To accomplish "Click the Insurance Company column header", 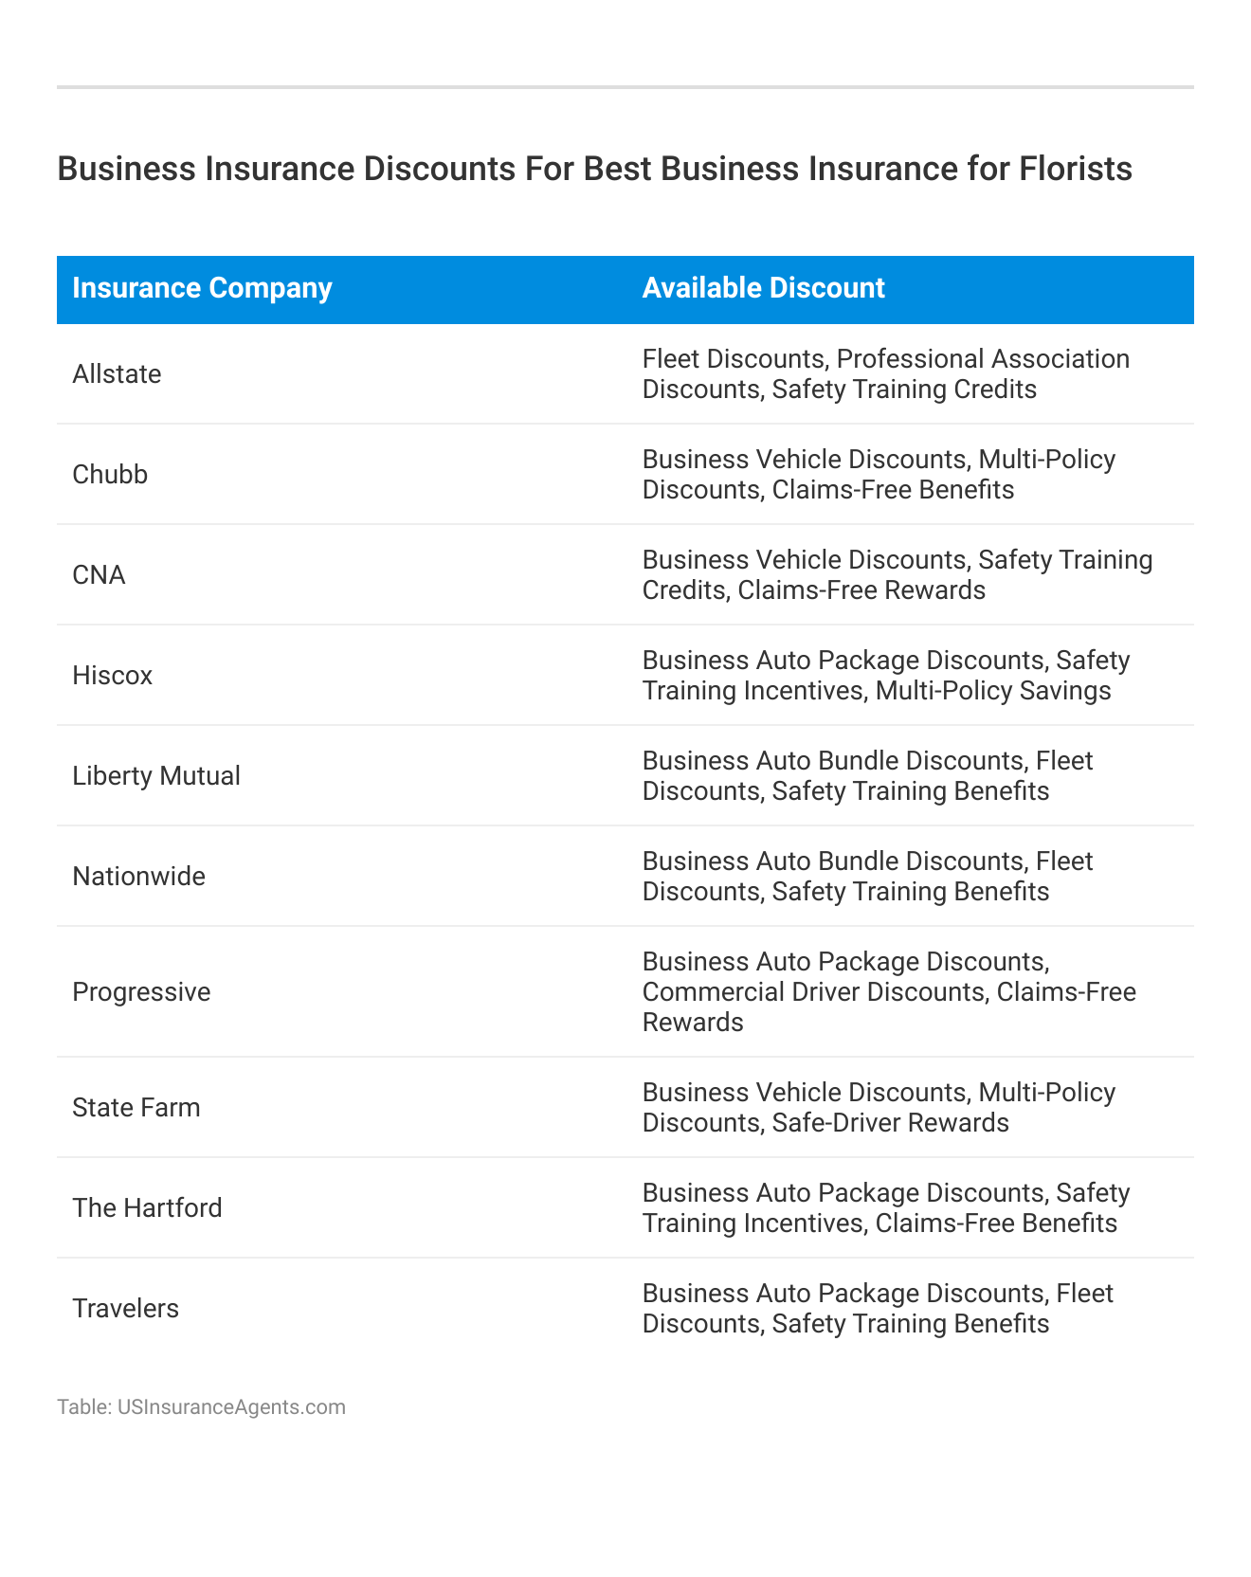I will click(x=202, y=288).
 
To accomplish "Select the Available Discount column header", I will click(x=763, y=288).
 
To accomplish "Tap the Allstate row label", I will click(x=117, y=374).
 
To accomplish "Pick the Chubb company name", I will click(x=110, y=475).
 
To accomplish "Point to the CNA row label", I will click(x=99, y=575).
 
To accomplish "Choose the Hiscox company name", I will click(x=112, y=676).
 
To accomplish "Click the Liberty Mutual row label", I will click(x=156, y=776).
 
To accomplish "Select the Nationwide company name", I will click(x=138, y=877).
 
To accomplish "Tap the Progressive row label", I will click(x=141, y=992).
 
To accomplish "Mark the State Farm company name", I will click(x=136, y=1108).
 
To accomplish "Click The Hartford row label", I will click(x=147, y=1208).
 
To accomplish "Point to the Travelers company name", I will click(x=125, y=1309).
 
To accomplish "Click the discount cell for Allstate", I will click(x=885, y=374).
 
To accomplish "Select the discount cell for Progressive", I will click(x=888, y=992).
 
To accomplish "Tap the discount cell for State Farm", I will click(x=879, y=1108).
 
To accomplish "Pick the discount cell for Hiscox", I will click(x=885, y=676).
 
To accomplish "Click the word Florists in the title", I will click(x=1075, y=169).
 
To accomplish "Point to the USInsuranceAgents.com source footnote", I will click(x=201, y=1407).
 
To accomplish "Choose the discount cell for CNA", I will click(x=897, y=575).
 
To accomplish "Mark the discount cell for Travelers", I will click(x=878, y=1309).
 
